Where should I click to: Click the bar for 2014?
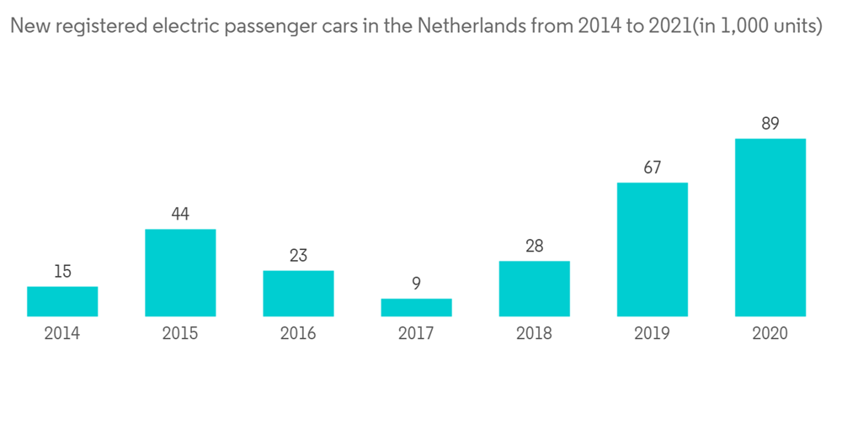(x=62, y=301)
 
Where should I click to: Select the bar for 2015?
(x=180, y=273)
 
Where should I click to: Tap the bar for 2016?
(x=298, y=293)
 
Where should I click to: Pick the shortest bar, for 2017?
(x=416, y=307)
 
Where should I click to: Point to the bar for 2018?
(x=534, y=289)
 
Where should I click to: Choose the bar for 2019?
(x=652, y=249)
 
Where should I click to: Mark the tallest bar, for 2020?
(x=770, y=227)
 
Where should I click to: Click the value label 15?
(x=62, y=272)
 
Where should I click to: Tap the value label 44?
(x=180, y=214)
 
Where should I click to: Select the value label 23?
(x=298, y=255)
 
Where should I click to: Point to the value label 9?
(x=416, y=284)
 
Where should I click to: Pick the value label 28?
(x=534, y=246)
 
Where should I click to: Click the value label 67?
(x=652, y=167)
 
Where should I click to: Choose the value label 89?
(x=770, y=124)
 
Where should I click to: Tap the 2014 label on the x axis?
(x=62, y=333)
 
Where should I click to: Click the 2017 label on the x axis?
(x=416, y=333)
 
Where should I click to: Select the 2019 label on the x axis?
(x=652, y=333)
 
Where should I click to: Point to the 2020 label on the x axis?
(x=770, y=333)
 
